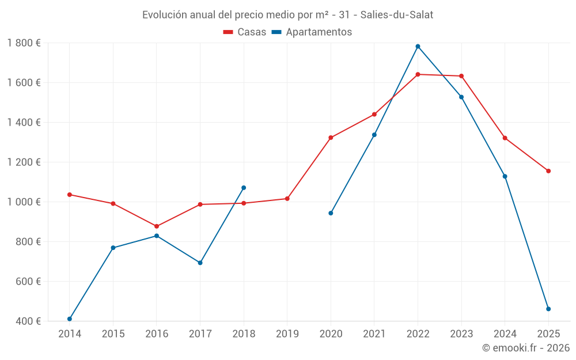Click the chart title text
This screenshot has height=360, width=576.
[x=287, y=14]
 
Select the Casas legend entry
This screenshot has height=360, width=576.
[x=245, y=32]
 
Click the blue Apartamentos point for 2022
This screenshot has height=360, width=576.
[x=418, y=47]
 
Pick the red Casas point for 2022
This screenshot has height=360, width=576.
[x=418, y=74]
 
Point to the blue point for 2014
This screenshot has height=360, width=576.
[x=70, y=319]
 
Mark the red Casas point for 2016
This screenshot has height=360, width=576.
[x=157, y=226]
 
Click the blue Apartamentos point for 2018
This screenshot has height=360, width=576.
[x=244, y=188]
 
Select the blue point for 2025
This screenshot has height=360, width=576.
[x=548, y=309]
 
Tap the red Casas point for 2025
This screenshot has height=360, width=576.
[x=548, y=171]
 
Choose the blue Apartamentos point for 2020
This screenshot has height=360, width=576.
[x=331, y=213]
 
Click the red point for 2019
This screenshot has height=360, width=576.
[x=287, y=199]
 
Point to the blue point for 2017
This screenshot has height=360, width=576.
[x=200, y=263]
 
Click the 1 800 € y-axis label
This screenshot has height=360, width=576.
[x=24, y=43]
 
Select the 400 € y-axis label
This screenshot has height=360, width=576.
[x=28, y=321]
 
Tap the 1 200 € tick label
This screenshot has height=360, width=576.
[x=24, y=162]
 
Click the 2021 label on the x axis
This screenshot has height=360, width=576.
[x=374, y=334]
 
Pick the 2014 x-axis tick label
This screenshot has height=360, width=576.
[x=70, y=334]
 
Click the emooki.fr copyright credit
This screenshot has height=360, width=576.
[x=525, y=348]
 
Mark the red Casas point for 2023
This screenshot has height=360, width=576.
[x=461, y=76]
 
